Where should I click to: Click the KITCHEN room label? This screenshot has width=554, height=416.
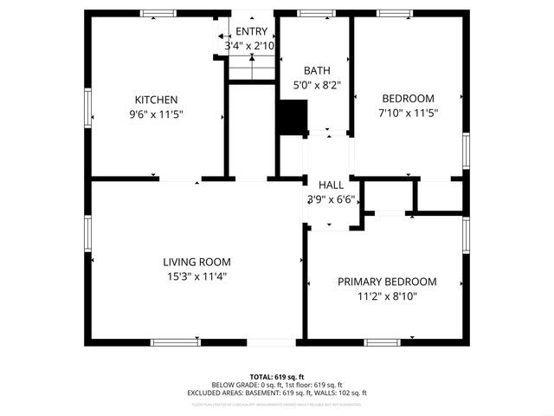pos(156,100)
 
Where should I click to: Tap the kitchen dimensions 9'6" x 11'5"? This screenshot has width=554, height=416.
pos(156,114)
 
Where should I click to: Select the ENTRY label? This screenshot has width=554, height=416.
pos(251,31)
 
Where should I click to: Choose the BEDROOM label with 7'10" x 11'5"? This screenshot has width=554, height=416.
pos(408,99)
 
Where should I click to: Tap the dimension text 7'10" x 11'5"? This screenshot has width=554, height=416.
pos(408,114)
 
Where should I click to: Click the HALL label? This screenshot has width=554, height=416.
pos(331,185)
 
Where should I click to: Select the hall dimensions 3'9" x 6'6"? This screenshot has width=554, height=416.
pos(331,199)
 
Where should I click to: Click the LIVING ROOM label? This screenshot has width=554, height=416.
pos(196,262)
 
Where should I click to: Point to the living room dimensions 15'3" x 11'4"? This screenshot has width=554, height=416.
pos(196,276)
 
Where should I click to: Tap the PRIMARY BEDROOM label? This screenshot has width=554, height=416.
pos(387,282)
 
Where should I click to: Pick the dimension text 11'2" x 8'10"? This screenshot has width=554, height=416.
pos(387,296)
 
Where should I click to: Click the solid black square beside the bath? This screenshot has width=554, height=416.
pos(293,116)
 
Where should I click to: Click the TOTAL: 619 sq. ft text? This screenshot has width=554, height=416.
pos(277,377)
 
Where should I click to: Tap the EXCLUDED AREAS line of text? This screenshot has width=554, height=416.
pos(277,393)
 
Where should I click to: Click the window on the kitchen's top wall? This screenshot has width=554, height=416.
pos(158,13)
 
